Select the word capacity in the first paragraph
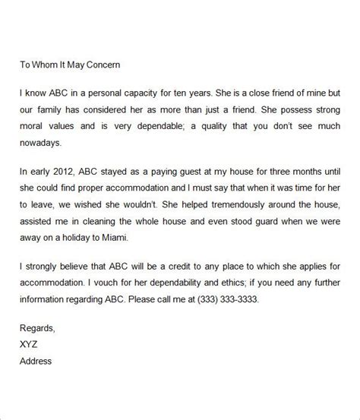147,94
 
